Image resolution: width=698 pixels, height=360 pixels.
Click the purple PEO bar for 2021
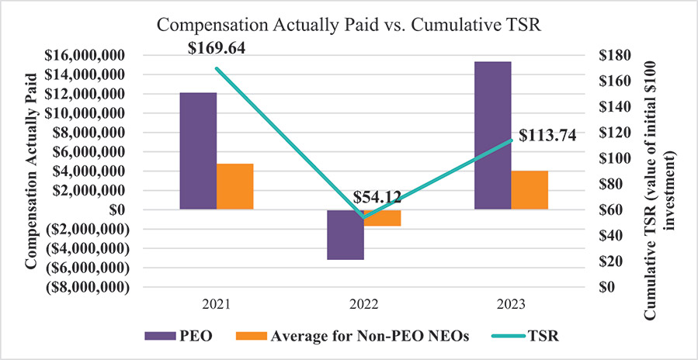[x=198, y=151]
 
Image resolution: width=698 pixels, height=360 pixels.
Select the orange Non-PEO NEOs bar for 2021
[x=235, y=186]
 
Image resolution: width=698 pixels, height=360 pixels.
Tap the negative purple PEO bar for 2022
[x=346, y=234]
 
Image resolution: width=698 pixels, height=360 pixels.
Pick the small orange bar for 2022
[x=383, y=218]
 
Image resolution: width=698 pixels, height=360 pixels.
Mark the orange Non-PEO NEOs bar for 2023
[x=530, y=190]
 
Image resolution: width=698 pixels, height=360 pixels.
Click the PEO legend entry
[x=181, y=337]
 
